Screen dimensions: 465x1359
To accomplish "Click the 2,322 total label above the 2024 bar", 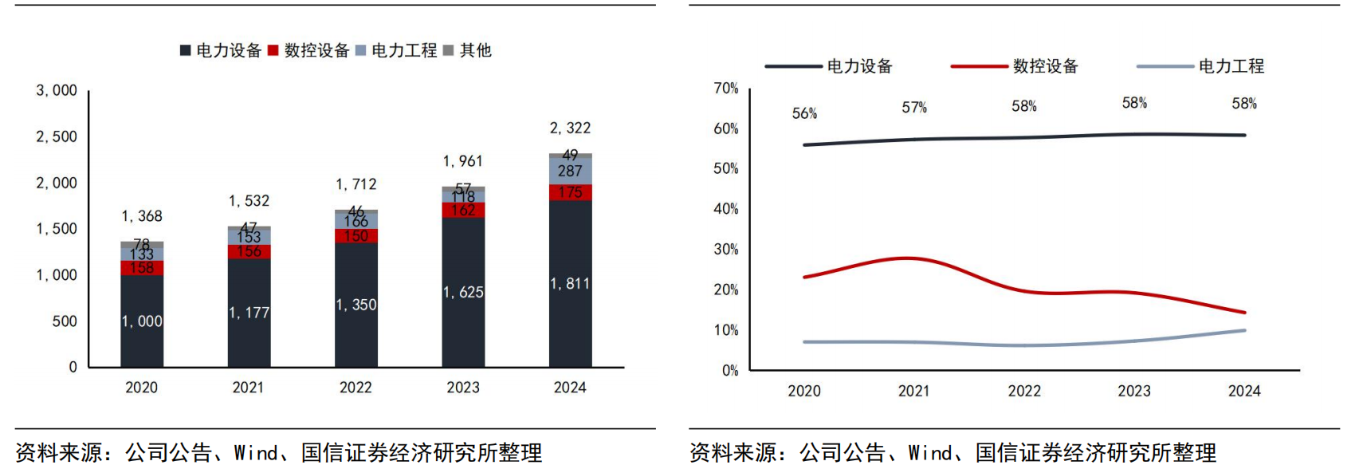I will click(570, 128).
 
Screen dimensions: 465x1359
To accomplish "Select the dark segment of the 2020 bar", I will click(142, 321).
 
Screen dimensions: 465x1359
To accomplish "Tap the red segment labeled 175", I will click(570, 192).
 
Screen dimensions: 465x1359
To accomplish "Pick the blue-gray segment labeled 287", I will click(570, 171).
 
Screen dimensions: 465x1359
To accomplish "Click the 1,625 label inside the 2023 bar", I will click(463, 292).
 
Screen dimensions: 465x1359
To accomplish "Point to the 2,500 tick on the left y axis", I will click(57, 136).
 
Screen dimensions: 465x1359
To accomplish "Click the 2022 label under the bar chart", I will click(355, 388).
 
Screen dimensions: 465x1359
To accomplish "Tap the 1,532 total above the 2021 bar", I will click(249, 201).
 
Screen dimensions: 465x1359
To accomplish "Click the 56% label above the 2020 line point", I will click(804, 113).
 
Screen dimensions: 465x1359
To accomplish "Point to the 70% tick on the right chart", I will click(725, 88).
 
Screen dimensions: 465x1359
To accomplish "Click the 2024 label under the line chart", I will click(1243, 391).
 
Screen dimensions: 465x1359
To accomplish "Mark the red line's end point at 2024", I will click(1244, 313).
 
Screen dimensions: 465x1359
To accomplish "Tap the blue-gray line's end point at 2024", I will click(1244, 330).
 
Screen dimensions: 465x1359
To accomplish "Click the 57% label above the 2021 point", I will click(914, 107).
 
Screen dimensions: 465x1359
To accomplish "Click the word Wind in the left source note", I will click(255, 453).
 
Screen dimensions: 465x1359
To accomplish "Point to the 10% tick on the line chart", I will click(725, 330).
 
